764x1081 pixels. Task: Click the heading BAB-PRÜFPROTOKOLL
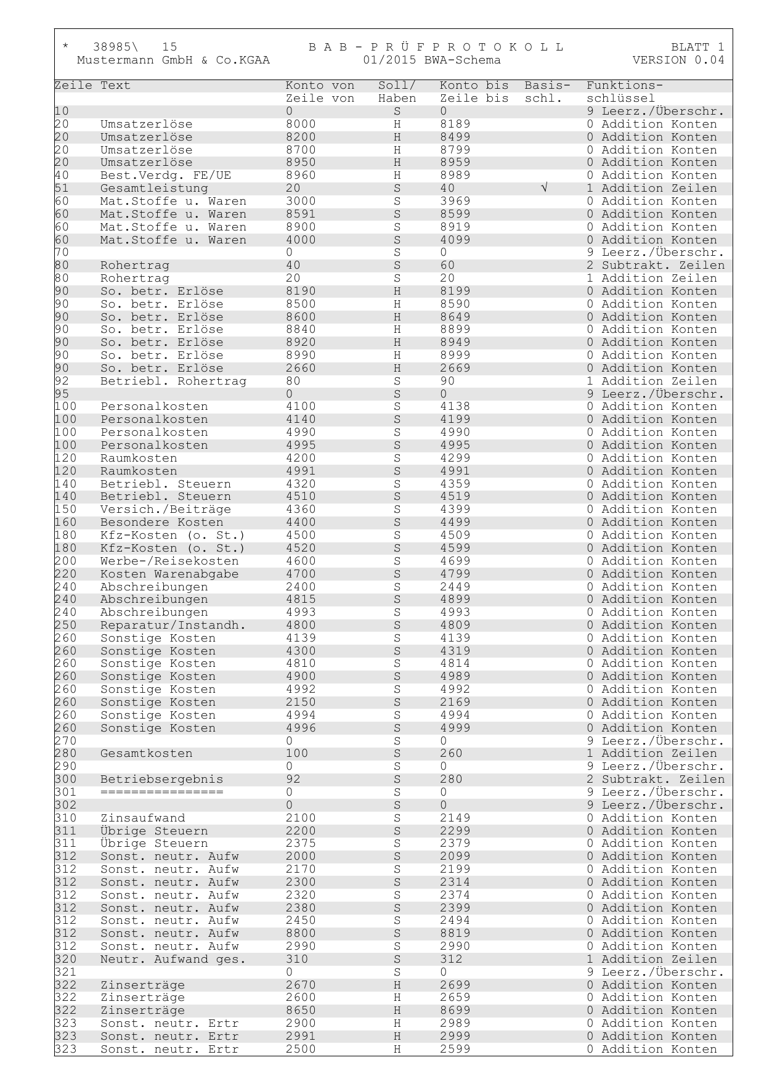pos(436,47)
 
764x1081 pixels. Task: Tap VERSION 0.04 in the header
pos(678,60)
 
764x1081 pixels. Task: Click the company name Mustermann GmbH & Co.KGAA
pos(173,60)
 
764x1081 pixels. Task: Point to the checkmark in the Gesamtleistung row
pos(543,189)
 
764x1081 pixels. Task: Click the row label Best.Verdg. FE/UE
pos(166,176)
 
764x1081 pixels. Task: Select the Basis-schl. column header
pos(547,92)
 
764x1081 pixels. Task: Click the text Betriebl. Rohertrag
pos(173,381)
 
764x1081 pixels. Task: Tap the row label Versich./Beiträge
pos(166,510)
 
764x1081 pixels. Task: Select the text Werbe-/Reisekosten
pos(169,561)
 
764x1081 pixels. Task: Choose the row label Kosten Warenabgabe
pos(169,574)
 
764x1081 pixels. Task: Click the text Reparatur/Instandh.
pos(173,626)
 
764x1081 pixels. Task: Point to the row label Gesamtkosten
pos(147,754)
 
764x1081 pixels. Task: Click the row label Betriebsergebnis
pos(162,780)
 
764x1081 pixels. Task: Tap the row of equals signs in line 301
pos(162,793)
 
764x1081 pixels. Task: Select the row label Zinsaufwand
pos(143,818)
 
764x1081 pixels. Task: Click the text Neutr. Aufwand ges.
pos(173,960)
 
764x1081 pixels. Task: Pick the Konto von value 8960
pos(301,176)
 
